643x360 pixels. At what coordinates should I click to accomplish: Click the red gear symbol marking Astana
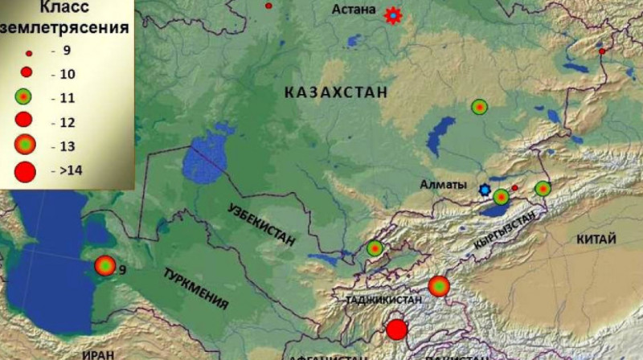pos(392,15)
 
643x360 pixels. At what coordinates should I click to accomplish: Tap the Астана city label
pos(354,10)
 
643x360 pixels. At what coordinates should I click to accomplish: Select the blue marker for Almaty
pos(485,190)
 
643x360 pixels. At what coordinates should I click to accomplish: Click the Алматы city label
pos(443,185)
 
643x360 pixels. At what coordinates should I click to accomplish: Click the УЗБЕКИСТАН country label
pos(260,225)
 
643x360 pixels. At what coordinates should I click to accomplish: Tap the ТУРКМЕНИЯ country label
pos(196,288)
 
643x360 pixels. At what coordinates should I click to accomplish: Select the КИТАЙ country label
pos(596,239)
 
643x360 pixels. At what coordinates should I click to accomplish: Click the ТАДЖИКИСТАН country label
pos(383,300)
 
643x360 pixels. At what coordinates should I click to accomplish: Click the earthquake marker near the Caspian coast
pos(105,265)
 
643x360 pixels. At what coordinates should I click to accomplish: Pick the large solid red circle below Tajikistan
pos(396,329)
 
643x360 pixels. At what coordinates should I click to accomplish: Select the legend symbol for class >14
pos(25,170)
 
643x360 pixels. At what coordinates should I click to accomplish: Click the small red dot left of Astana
pos(268,6)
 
